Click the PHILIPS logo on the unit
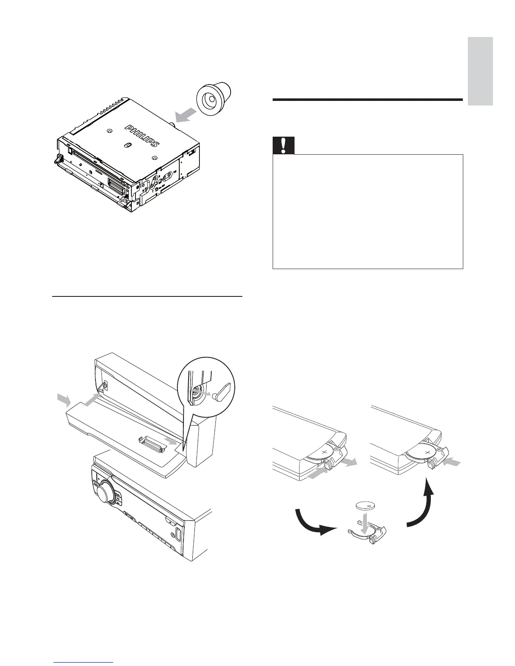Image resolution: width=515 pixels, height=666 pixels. click(142, 135)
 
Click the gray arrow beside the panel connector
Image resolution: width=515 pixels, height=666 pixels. click(171, 441)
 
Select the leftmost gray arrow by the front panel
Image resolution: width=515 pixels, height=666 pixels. click(64, 400)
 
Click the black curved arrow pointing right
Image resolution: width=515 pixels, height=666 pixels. click(316, 525)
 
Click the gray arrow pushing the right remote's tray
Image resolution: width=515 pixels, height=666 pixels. click(453, 462)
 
